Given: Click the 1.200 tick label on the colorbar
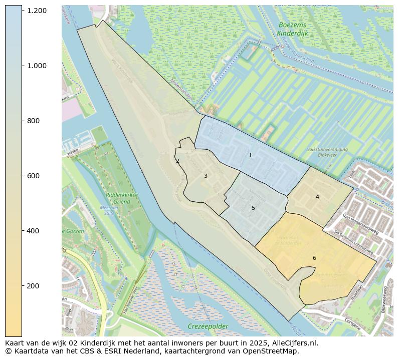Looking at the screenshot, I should coord(37,11).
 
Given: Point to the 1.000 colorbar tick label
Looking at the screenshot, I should coord(37,66).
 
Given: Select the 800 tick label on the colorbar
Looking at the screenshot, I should coord(33,121).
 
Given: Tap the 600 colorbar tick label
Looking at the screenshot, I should coord(33,176).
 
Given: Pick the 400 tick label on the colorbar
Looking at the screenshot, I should coord(33,231).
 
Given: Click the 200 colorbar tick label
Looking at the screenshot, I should coord(33,286).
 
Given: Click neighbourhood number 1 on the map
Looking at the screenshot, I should coord(250,156).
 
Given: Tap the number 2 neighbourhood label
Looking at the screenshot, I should coord(177,161).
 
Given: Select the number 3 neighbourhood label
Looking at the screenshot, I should coord(206,176).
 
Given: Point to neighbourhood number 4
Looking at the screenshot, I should coord(317,197).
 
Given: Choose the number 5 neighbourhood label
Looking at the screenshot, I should coord(253,208).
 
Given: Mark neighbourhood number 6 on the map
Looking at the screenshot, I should coord(314,258).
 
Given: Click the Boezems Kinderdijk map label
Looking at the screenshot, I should coord(292,29).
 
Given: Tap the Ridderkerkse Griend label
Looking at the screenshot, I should coord(122,198).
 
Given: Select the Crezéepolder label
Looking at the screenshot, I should coord(208,326).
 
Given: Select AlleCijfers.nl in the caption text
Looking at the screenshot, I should coord(293,343).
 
